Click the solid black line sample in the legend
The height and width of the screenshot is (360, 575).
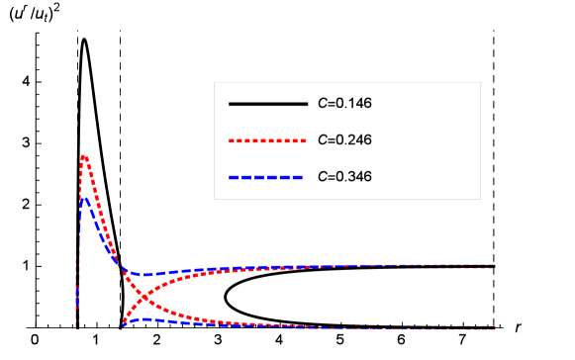[268, 103]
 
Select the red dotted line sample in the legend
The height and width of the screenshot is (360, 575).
[268, 139]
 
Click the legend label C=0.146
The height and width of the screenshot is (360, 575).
[344, 103]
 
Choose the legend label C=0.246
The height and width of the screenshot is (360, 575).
[344, 139]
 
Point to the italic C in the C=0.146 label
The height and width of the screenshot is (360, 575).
[322, 103]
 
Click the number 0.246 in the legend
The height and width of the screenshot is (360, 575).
[353, 139]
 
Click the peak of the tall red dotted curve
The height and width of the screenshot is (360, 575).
[84, 154]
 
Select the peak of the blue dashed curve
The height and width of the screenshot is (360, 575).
[85, 198]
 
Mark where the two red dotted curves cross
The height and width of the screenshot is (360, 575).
[144, 296]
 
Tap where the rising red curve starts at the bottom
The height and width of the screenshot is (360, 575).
[122, 326]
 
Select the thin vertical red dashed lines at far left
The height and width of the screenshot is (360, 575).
[76, 287]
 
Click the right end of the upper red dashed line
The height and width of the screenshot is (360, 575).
[494, 265]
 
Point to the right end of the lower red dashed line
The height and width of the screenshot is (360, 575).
[494, 327]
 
